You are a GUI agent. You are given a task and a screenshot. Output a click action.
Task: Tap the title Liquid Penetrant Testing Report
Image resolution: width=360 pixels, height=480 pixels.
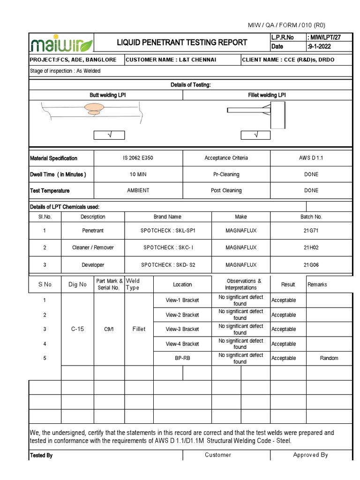pos(182,43)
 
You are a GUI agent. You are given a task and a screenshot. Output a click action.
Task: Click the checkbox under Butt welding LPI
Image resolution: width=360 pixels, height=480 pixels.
pos(109,135)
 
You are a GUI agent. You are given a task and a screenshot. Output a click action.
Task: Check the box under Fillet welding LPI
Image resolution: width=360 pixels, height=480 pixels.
pos(255,135)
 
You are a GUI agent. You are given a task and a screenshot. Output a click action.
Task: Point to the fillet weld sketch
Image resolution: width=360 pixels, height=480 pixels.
pos(257,111)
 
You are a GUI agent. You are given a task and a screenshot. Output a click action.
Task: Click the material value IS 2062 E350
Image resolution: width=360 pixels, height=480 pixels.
pos(138,158)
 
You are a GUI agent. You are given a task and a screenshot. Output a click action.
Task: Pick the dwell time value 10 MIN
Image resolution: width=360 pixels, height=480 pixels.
pos(138,174)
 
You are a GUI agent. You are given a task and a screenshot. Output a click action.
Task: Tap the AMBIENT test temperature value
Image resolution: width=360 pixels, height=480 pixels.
pos(138,190)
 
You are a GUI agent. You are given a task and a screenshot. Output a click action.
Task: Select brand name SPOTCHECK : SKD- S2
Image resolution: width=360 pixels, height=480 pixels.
pos(168,265)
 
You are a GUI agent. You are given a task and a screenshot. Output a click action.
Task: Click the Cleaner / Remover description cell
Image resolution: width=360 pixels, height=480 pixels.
pos(93,247)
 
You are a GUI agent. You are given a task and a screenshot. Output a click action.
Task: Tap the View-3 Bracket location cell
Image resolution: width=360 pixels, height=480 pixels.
pos(182,329)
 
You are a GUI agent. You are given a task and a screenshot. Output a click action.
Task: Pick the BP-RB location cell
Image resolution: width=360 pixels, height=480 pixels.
pos(182,358)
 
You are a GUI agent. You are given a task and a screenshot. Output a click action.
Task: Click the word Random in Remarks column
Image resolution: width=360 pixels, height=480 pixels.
pos(329,358)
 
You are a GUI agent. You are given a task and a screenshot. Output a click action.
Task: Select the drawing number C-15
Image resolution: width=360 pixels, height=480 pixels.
pos(77,329)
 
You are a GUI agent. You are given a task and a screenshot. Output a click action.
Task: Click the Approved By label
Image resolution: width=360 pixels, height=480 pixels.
pos(310,455)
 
